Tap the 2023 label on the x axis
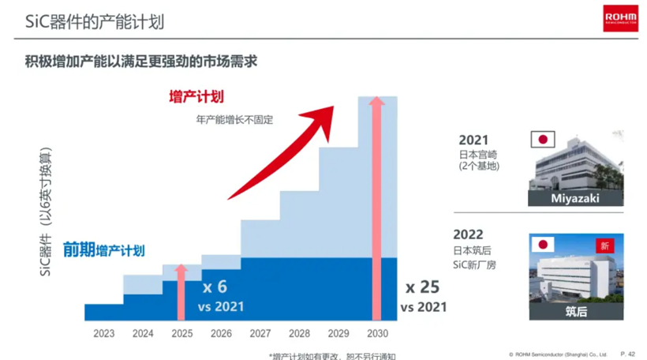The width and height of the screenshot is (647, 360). point(103,333)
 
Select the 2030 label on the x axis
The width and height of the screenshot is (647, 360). point(378,333)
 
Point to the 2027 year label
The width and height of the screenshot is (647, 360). point(260,333)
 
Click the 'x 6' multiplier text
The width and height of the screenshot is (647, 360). point(215,287)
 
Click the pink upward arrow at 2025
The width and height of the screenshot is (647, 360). point(182,292)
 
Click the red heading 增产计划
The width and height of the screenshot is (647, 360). point(196,96)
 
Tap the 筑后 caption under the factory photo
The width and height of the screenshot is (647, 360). point(574,312)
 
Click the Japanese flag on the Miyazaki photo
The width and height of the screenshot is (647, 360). point(542,140)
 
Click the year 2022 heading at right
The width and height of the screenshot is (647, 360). point(468,234)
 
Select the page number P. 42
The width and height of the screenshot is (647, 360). point(628,354)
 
